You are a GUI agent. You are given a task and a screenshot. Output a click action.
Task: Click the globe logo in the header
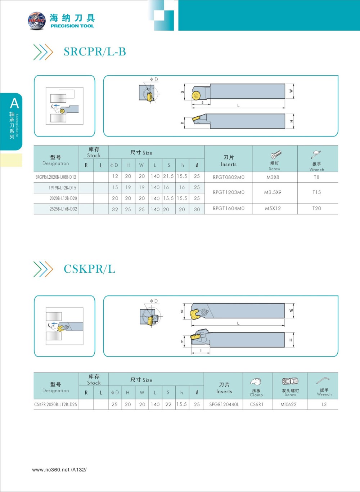coord(37,21)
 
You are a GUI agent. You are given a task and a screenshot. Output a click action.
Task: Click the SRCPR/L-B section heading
coord(95,52)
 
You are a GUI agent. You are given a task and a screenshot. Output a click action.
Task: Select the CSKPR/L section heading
coord(89,269)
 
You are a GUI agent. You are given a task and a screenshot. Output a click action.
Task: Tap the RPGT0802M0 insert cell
coord(228,177)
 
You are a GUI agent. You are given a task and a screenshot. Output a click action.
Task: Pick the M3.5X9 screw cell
coord(273,192)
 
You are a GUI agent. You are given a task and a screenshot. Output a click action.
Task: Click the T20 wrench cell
coord(316,208)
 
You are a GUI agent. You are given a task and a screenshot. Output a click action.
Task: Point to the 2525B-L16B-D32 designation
coord(63,209)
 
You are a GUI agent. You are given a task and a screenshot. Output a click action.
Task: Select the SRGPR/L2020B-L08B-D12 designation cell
coord(56,177)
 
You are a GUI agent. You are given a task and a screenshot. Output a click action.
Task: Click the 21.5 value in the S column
coord(168,176)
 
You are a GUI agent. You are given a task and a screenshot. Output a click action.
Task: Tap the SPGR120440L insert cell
coord(224,404)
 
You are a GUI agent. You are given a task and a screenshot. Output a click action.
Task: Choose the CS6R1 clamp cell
coord(256,404)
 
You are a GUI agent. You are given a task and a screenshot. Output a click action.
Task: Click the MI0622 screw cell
coord(288,404)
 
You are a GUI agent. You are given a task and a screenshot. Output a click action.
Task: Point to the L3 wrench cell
coord(324,404)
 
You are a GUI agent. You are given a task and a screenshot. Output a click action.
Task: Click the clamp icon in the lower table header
coord(256,381)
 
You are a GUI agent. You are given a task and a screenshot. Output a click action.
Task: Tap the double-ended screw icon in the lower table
coord(290,381)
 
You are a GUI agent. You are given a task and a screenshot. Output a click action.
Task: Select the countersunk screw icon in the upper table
coord(276,155)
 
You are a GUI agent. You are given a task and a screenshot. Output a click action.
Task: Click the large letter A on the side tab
coord(14,103)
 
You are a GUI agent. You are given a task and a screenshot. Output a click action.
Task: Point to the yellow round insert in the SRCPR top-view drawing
coord(195,95)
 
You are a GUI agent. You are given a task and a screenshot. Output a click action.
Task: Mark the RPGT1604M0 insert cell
coord(228,208)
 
